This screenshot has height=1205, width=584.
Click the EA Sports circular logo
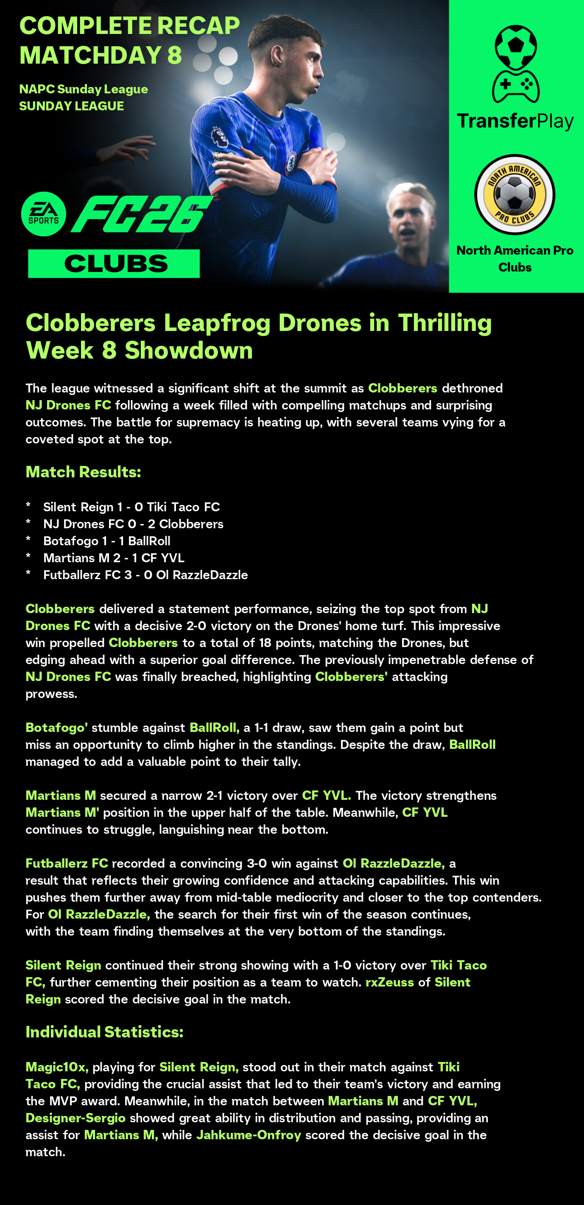tap(44, 214)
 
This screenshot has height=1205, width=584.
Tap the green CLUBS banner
tap(114, 264)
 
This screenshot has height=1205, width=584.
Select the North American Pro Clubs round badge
tap(514, 194)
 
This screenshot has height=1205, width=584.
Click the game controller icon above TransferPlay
tap(515, 86)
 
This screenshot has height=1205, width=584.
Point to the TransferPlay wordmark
tap(515, 121)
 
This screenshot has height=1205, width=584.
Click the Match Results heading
tap(83, 472)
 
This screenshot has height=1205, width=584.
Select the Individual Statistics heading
tap(104, 1032)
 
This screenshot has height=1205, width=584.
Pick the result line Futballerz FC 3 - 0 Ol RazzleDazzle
tap(145, 575)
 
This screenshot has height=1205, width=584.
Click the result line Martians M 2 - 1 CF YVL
tap(114, 558)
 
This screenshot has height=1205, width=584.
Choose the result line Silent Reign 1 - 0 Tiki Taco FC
tap(131, 507)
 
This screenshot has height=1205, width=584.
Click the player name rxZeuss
tap(389, 982)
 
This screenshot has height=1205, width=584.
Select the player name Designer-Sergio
tap(75, 1118)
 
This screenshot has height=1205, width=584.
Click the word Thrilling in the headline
tap(444, 323)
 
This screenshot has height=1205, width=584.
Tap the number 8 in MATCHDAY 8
tap(174, 55)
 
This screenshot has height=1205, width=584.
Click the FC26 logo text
tap(142, 214)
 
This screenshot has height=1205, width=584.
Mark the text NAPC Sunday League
tap(83, 89)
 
